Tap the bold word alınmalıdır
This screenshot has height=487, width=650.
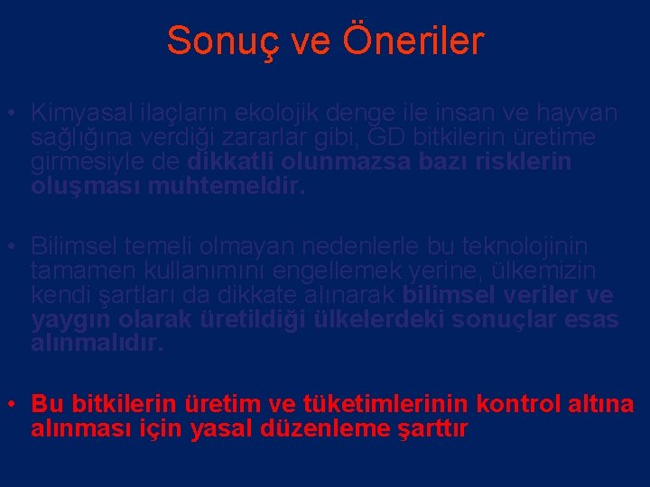click(x=97, y=344)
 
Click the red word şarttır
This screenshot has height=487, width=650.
click(x=434, y=429)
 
